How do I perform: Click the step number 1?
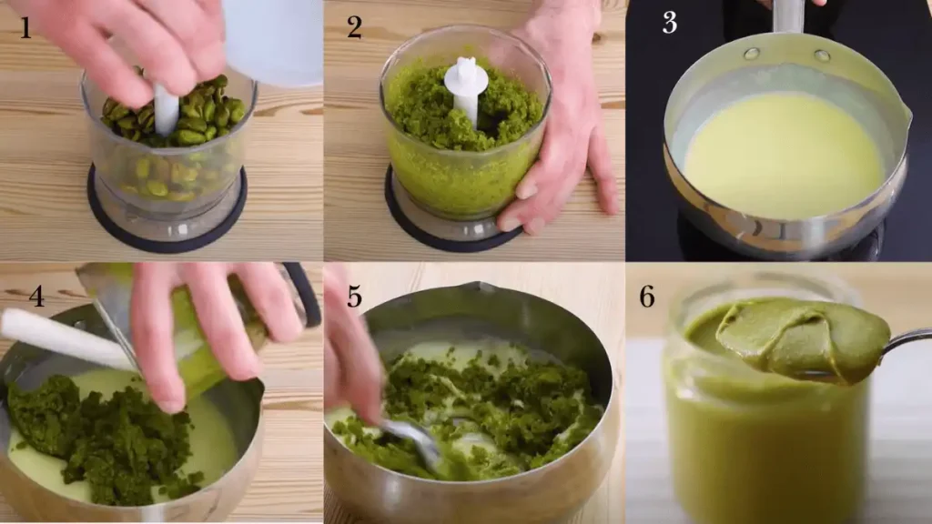[25, 28]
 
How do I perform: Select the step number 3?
[669, 23]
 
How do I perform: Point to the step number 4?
[36, 296]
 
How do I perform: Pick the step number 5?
[354, 296]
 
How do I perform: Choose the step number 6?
[647, 296]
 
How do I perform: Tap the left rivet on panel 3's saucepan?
[752, 54]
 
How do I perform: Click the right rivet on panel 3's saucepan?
[822, 55]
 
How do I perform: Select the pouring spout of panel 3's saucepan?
[904, 116]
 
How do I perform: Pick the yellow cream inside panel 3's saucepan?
[784, 156]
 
